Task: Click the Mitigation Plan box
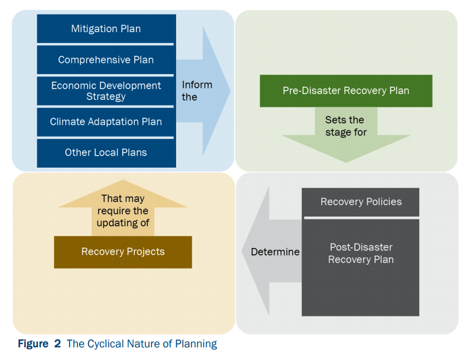[x=106, y=29]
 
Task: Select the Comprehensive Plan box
[x=106, y=60]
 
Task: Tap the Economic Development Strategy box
[x=106, y=91]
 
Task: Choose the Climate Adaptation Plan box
[x=106, y=122]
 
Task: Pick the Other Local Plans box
[x=106, y=153]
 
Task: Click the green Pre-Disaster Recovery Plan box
[x=346, y=91]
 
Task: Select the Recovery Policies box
[x=361, y=202]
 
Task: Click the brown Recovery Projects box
[x=123, y=251]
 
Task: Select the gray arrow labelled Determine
[x=272, y=251]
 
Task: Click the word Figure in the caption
[x=33, y=344]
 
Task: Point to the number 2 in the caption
[x=57, y=344]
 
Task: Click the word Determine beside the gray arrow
[x=275, y=252]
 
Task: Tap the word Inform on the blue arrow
[x=197, y=85]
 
